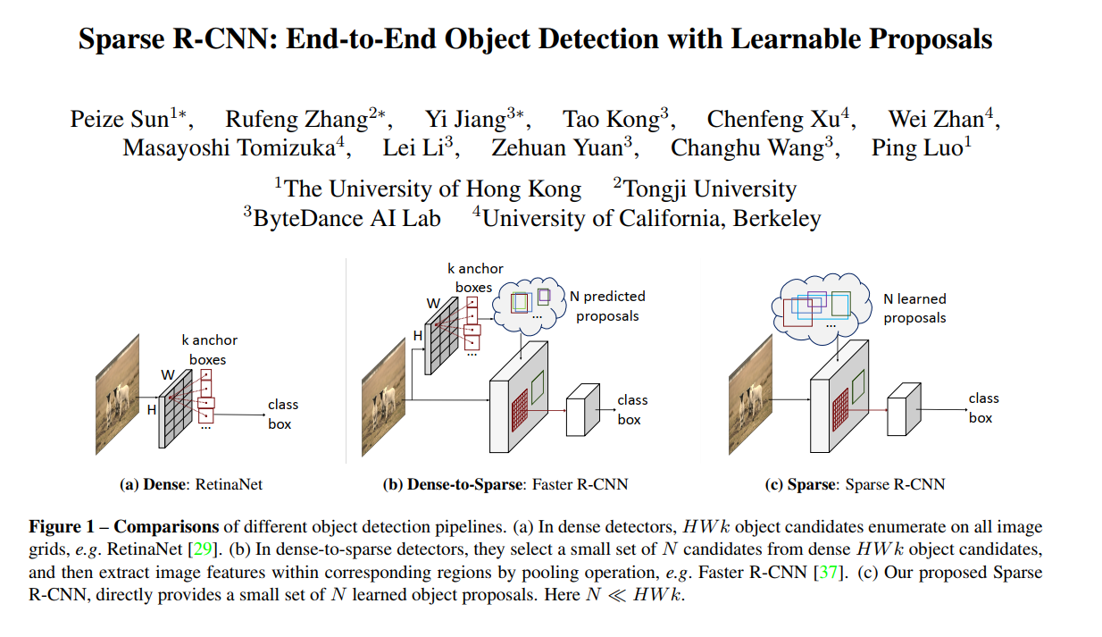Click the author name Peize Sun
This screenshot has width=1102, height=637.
(119, 120)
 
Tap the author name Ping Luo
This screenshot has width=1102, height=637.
(917, 148)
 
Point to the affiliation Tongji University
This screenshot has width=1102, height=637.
(709, 189)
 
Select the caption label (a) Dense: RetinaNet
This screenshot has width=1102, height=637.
(191, 484)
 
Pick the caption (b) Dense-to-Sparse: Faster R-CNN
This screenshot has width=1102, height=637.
(505, 484)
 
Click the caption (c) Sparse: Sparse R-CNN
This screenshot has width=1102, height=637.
(855, 484)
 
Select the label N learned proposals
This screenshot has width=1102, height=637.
(914, 307)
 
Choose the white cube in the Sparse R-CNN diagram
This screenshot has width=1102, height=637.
(903, 409)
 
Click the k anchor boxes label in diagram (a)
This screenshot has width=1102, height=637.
(209, 349)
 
